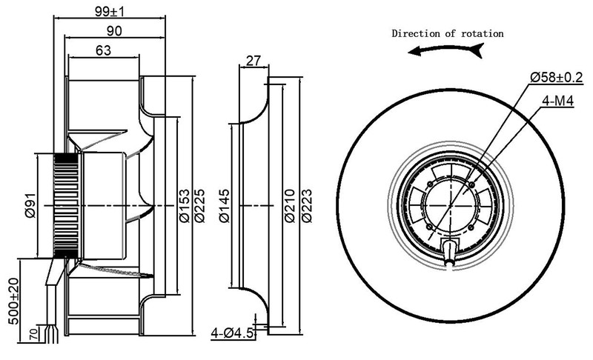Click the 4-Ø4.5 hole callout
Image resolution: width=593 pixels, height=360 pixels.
pos(233,333)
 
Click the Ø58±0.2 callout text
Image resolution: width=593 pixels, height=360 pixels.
pos(557,76)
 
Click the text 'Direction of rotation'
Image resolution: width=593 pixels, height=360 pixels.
pos(448,33)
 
